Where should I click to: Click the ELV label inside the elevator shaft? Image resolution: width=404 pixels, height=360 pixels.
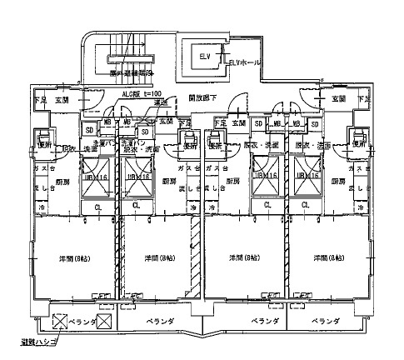point(206,57)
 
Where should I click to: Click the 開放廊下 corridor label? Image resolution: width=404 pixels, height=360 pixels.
point(202,97)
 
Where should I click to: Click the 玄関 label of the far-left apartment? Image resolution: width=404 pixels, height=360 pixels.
point(62,100)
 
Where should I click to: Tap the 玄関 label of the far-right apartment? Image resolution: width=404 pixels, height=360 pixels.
point(338,99)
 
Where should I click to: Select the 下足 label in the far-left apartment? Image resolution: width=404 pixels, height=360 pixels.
point(39,100)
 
